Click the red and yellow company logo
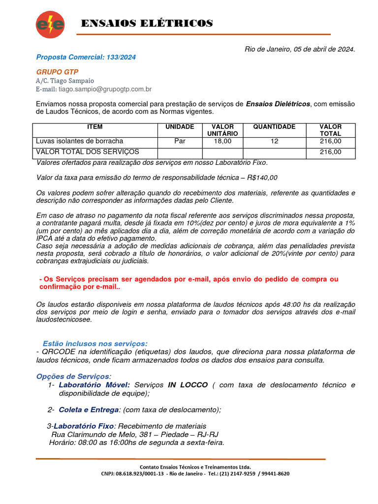click(x=50, y=24)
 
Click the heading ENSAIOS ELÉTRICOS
click(x=146, y=24)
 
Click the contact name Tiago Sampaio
click(x=71, y=81)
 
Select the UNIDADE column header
click(x=180, y=127)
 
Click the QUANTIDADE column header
click(x=274, y=127)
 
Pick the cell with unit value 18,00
click(x=222, y=141)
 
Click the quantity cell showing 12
click(x=274, y=141)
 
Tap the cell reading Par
click(x=180, y=141)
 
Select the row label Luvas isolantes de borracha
click(x=80, y=141)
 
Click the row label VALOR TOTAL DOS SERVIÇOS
click(x=88, y=152)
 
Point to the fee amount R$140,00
click(x=262, y=178)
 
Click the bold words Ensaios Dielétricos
click(x=278, y=104)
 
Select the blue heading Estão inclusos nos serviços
click(x=94, y=343)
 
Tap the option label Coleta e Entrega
click(x=89, y=409)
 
